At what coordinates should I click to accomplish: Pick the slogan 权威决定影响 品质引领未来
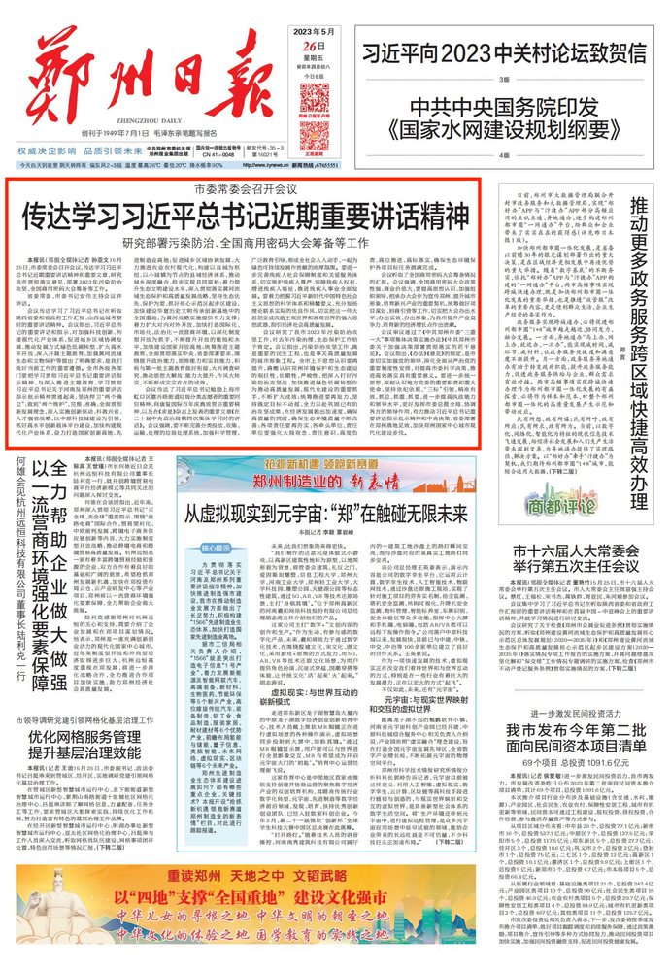88,153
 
